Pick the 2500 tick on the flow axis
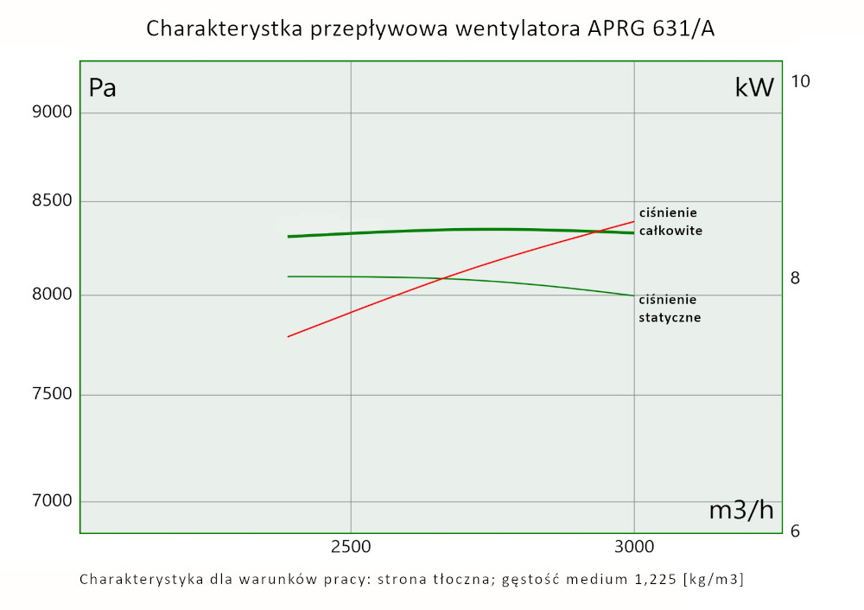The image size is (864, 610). click(x=351, y=548)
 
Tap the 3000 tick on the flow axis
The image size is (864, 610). click(x=634, y=548)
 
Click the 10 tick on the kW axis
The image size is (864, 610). click(x=800, y=81)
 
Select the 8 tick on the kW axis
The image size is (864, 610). click(x=796, y=278)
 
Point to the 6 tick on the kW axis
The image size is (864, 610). click(x=796, y=531)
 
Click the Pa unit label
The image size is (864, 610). click(x=103, y=89)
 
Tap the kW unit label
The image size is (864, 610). click(x=754, y=87)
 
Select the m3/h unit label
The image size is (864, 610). click(x=741, y=511)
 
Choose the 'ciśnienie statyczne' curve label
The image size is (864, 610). click(x=670, y=308)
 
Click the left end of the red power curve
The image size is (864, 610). click(x=289, y=336)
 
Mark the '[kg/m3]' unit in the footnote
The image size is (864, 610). click(x=713, y=579)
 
